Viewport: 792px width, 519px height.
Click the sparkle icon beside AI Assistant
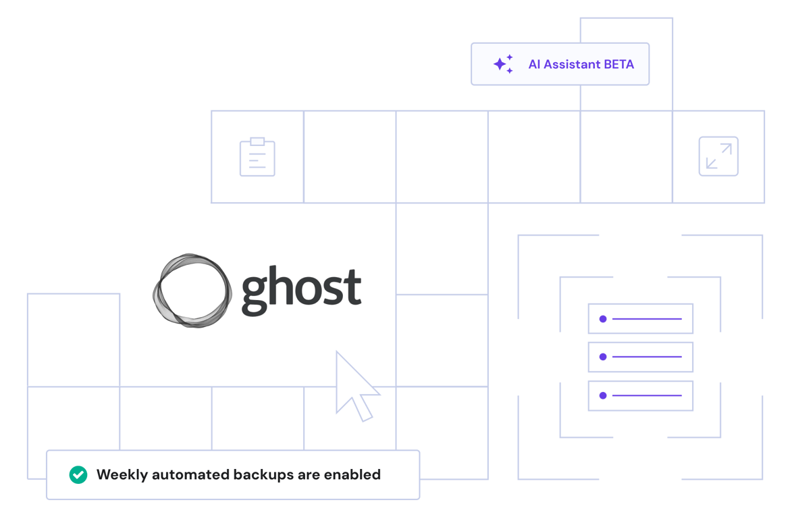(x=503, y=64)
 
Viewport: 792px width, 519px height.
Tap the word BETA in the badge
(x=619, y=65)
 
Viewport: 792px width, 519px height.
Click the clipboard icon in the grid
(x=257, y=157)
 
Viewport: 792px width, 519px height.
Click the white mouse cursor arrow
(x=352, y=385)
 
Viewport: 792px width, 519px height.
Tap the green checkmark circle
(x=78, y=474)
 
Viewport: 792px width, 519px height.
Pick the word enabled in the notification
(x=352, y=474)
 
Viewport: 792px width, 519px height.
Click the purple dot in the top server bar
(x=603, y=318)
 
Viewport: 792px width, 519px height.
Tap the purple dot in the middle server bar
(x=603, y=356)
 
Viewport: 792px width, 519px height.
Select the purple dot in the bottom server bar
(x=603, y=395)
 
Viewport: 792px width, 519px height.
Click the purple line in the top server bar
(x=647, y=318)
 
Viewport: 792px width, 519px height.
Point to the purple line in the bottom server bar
(x=647, y=395)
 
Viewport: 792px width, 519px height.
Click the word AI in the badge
(x=534, y=65)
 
